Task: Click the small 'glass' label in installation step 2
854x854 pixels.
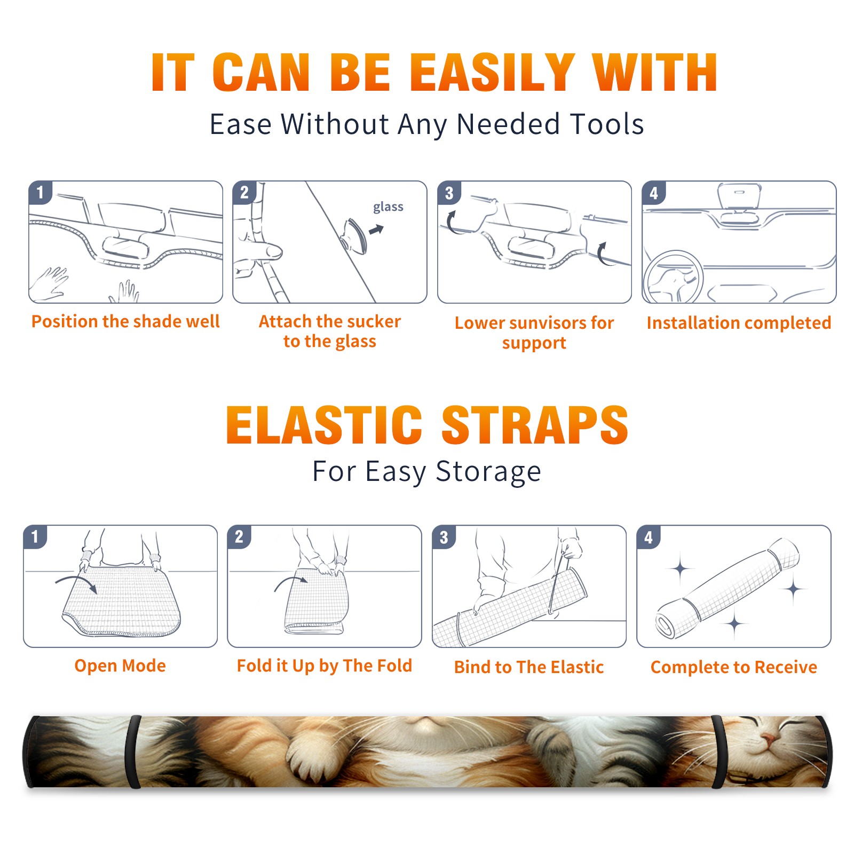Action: tap(388, 207)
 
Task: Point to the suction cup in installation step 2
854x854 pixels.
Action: tap(355, 235)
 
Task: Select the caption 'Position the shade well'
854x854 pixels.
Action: tap(125, 321)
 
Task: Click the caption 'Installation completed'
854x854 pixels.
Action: tap(739, 323)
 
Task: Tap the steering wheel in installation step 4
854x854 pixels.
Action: tap(673, 278)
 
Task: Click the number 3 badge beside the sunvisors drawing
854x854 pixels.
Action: tap(449, 193)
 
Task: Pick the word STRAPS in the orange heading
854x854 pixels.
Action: tap(535, 425)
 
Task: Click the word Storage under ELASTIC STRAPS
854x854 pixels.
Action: tap(488, 472)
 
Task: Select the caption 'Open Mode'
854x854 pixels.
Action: tap(120, 666)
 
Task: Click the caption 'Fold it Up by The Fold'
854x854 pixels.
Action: tap(325, 666)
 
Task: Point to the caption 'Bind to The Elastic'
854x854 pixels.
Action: tap(529, 667)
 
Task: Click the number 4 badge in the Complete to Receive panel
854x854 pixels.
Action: tap(649, 537)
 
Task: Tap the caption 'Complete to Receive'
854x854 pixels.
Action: tap(734, 667)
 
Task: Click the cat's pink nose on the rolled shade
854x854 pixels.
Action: tap(767, 739)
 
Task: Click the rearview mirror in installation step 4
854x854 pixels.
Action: tap(739, 196)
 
